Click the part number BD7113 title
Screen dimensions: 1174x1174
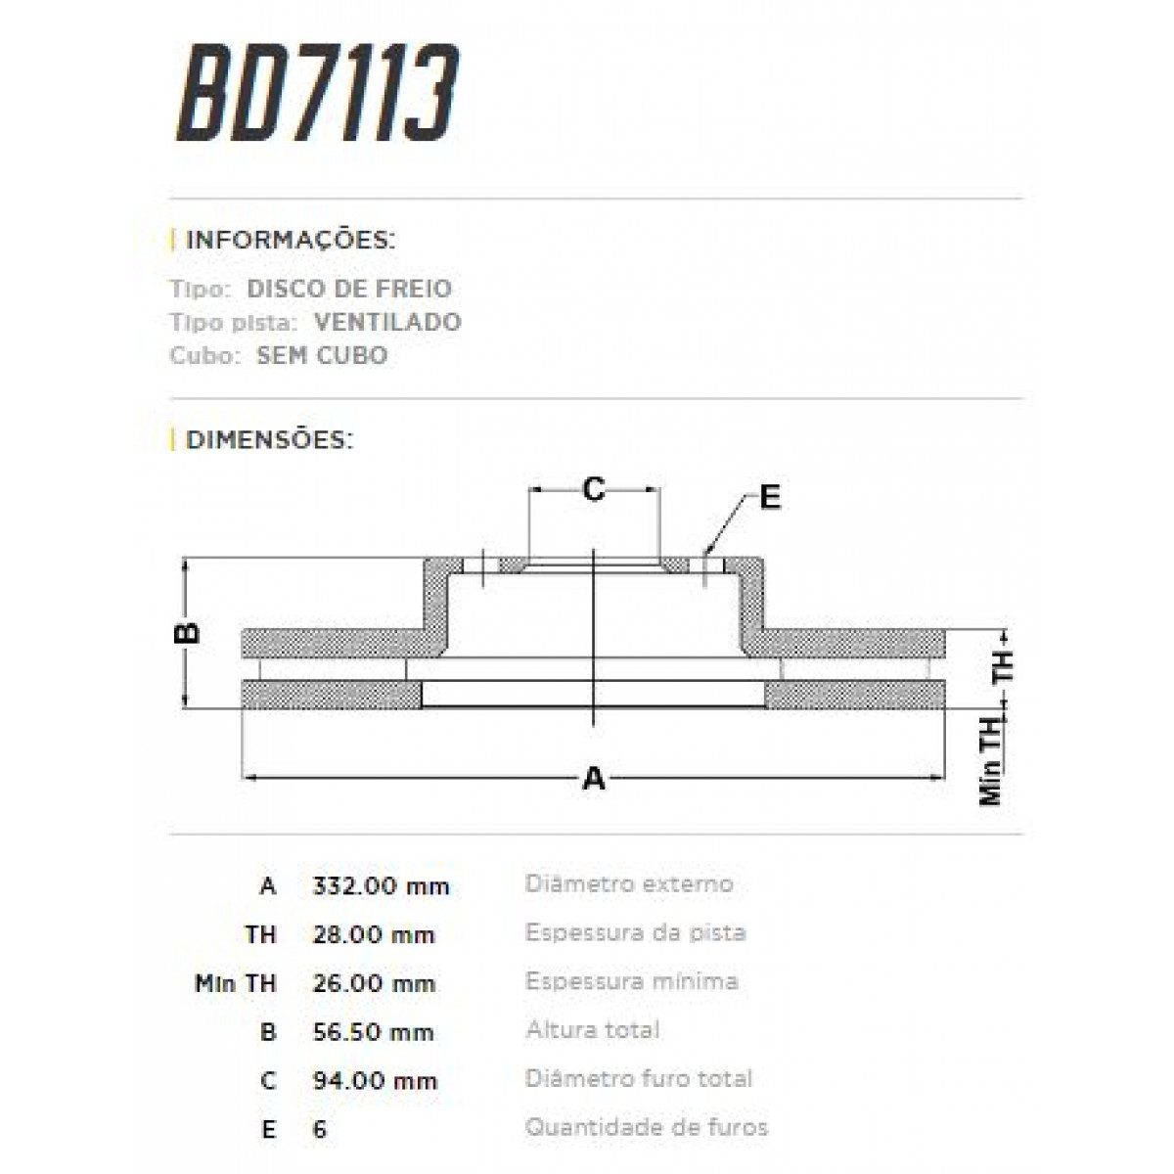pos(317,95)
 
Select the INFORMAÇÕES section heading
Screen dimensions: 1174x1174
pos(290,240)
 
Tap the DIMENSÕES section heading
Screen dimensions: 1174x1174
pos(268,439)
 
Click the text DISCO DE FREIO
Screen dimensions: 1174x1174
pos(349,289)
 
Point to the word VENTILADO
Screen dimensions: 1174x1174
pos(387,322)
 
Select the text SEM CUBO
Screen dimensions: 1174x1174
pos(322,355)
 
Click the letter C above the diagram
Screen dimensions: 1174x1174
pos(594,489)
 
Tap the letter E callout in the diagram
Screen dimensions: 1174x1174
pos(770,498)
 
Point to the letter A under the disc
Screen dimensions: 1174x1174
pos(594,779)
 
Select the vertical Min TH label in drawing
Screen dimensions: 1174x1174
pos(992,761)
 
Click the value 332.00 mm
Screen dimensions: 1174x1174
pos(381,886)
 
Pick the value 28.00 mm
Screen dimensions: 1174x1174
pos(373,935)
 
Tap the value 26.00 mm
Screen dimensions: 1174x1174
pos(373,983)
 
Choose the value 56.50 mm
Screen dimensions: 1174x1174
pos(373,1032)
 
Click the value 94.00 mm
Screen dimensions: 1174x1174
pos(374,1081)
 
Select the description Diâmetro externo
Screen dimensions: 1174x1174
pos(629,884)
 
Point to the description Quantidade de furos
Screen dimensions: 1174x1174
pos(647,1127)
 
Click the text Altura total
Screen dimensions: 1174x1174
pos(593,1030)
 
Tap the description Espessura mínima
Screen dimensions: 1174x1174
pos(632,981)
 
